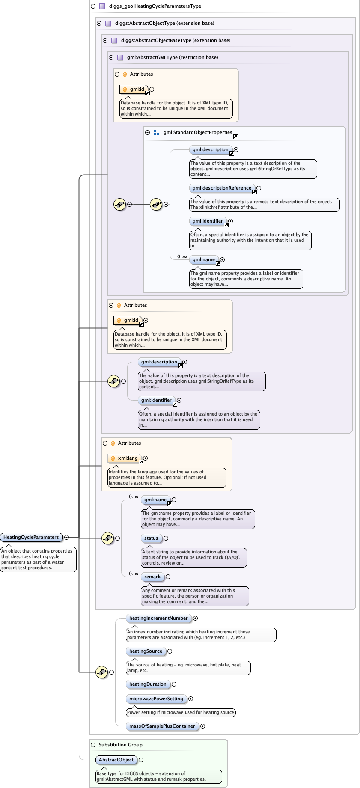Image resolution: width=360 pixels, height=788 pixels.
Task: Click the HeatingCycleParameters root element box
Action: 31,537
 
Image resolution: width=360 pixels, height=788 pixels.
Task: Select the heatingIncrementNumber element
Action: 158,618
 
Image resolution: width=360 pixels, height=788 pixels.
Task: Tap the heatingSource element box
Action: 146,651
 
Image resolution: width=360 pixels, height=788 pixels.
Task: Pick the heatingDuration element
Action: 148,684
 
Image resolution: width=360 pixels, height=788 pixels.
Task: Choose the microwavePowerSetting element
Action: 156,699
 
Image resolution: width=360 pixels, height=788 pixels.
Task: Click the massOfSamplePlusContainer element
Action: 162,726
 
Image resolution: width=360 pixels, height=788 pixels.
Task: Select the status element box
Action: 151,538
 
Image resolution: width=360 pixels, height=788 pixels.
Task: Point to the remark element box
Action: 152,577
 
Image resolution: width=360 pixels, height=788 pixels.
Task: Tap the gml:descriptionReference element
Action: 222,188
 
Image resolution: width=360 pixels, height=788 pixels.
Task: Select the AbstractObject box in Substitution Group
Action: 116,760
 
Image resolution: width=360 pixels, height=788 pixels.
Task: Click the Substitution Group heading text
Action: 120,745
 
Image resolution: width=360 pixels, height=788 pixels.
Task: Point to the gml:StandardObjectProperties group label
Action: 197,133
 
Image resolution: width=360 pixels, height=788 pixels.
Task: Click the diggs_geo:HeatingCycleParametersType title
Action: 155,6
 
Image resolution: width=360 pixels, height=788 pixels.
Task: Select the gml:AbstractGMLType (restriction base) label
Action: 172,57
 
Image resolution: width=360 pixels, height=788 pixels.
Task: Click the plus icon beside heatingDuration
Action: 174,684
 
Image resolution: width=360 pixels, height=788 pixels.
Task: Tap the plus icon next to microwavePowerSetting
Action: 190,699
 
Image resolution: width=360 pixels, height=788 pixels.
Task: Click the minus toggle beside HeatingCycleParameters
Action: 66,537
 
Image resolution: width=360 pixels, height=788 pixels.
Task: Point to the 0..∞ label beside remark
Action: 134,574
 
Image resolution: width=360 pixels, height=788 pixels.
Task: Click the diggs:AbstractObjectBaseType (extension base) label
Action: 176,40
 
